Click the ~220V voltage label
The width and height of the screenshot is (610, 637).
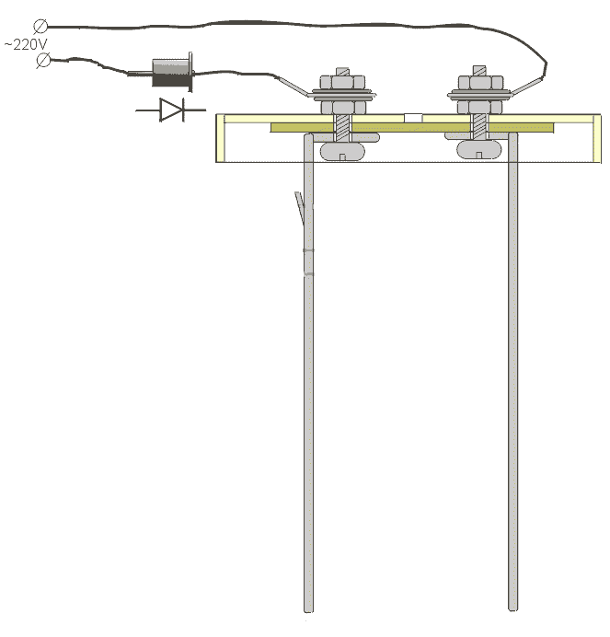(x=26, y=44)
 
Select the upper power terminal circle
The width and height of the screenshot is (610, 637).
(x=40, y=27)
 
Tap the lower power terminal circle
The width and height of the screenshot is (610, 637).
(x=43, y=61)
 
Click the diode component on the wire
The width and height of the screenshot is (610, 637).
(x=172, y=73)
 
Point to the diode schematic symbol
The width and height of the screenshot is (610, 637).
(x=171, y=110)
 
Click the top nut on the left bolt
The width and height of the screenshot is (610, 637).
(x=342, y=83)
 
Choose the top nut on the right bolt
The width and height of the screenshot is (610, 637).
(x=479, y=83)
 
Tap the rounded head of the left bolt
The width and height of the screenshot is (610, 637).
(x=342, y=152)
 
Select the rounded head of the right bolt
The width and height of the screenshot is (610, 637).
(x=479, y=149)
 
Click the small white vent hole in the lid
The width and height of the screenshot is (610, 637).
(x=413, y=118)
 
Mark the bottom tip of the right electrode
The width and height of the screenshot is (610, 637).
(x=513, y=609)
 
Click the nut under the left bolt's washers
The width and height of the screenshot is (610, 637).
(x=343, y=108)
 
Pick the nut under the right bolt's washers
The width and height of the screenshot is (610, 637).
(x=479, y=108)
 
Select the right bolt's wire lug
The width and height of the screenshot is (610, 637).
(x=528, y=86)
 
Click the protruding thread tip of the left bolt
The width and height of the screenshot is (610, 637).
(x=343, y=72)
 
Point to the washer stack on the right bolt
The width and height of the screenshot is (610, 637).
(x=479, y=96)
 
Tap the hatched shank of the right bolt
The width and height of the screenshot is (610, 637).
(x=479, y=127)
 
